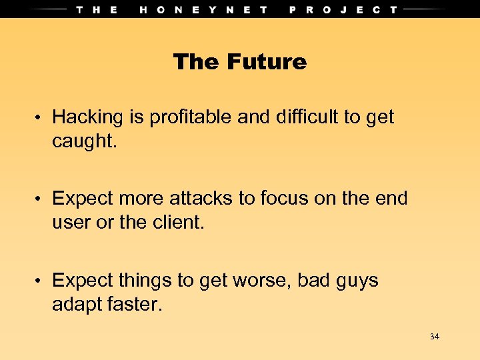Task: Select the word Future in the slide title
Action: tap(267, 62)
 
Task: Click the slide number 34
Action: tap(435, 337)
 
